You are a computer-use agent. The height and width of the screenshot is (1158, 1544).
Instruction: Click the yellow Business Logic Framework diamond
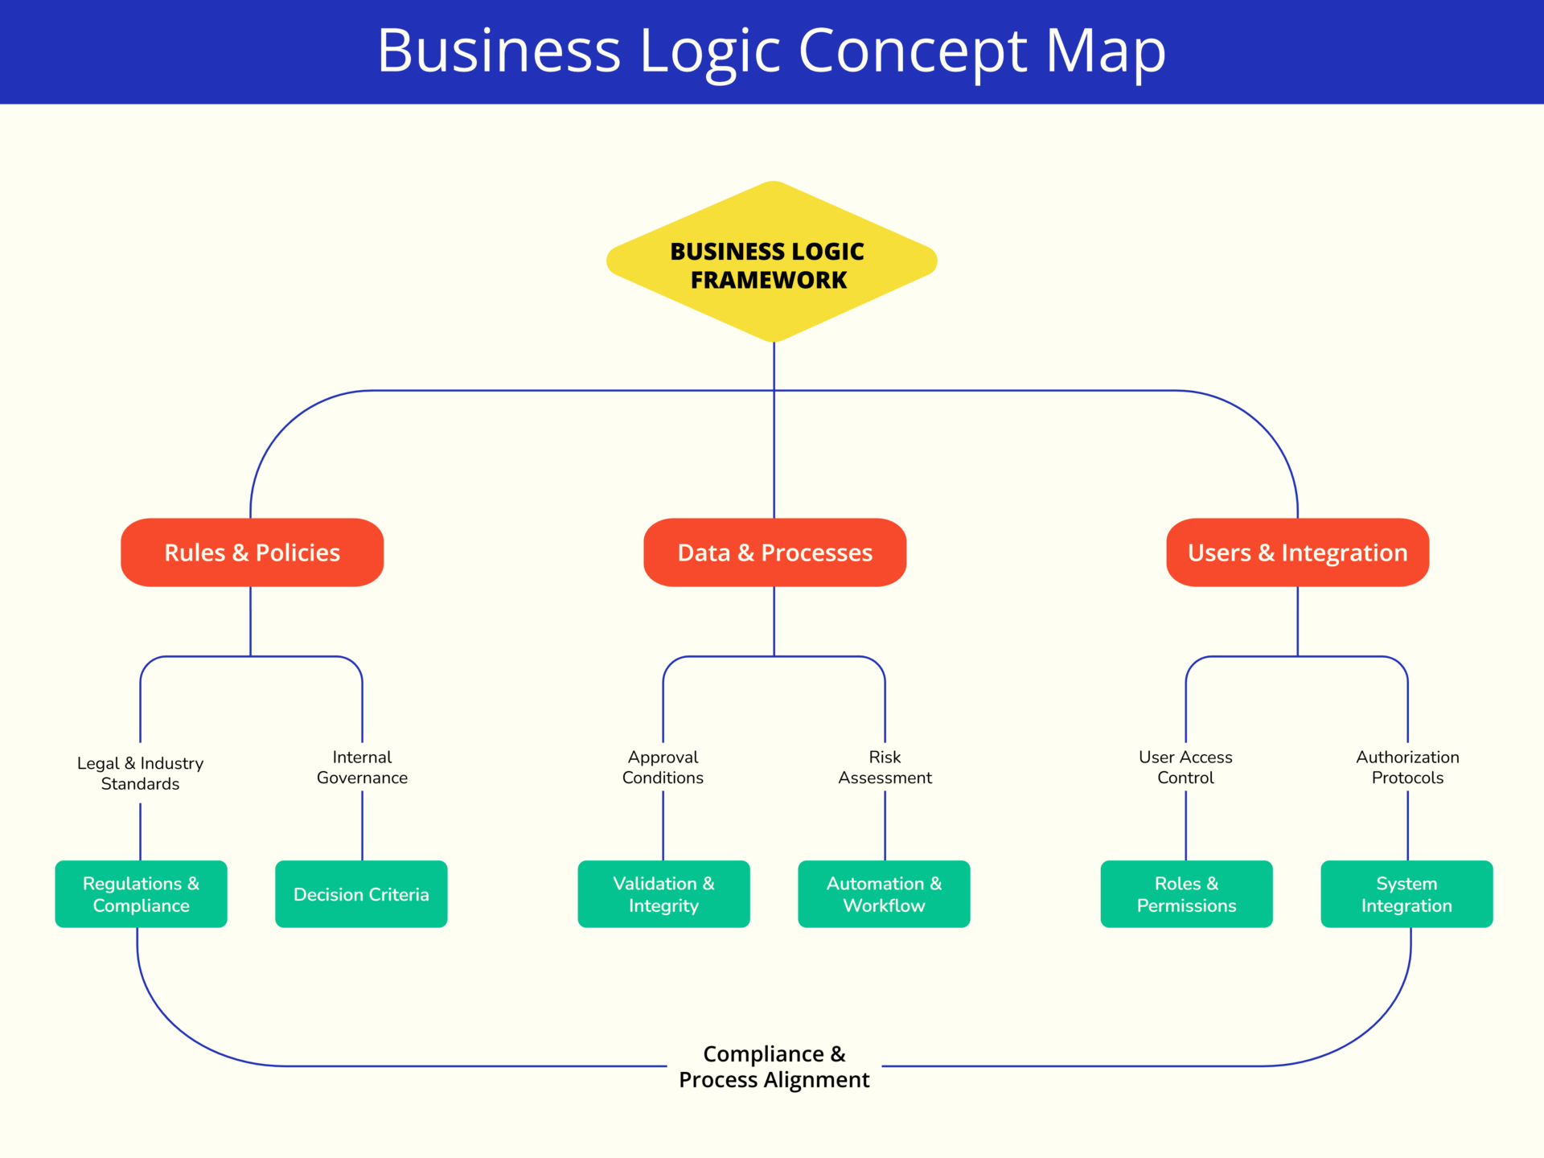(x=772, y=262)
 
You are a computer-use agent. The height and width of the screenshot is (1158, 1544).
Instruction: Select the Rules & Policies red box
(x=252, y=552)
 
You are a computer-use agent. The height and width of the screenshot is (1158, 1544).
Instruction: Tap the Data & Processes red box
(x=774, y=552)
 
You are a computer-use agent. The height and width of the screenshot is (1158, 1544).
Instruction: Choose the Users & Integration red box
(x=1297, y=552)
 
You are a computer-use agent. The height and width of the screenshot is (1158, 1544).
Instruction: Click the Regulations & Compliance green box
(x=141, y=894)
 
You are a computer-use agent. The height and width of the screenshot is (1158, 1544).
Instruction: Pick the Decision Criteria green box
(x=361, y=894)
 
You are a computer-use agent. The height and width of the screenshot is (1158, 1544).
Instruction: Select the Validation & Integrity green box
(x=663, y=894)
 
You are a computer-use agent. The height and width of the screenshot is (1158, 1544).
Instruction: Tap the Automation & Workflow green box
(x=884, y=894)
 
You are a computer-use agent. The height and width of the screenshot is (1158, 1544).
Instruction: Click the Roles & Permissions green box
(x=1186, y=894)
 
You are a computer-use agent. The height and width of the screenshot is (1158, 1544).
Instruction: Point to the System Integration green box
(x=1406, y=894)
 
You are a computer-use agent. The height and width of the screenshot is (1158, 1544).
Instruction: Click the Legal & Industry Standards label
(x=140, y=773)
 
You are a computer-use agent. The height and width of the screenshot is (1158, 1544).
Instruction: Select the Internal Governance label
(x=362, y=767)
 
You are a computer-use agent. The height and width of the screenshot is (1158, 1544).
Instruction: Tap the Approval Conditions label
(x=663, y=767)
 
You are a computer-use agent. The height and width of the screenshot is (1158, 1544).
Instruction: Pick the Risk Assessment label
(x=885, y=767)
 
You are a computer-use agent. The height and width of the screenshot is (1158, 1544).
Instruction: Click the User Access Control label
(x=1185, y=767)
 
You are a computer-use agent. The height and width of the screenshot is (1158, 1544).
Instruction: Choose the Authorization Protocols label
(x=1407, y=767)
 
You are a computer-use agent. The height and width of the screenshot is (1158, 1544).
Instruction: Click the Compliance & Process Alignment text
(x=774, y=1066)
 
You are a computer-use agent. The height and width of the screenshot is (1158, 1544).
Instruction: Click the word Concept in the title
(x=912, y=51)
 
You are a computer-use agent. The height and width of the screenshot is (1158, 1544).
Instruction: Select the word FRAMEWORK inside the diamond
(x=768, y=280)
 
